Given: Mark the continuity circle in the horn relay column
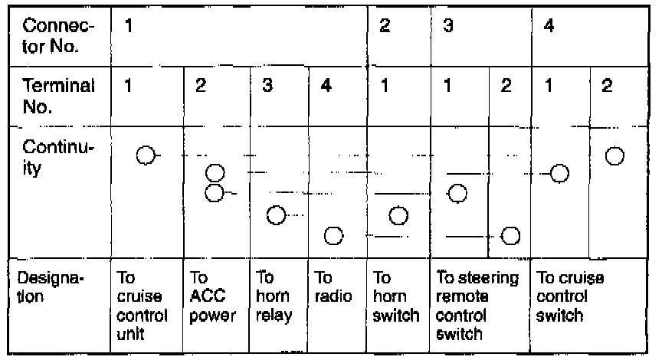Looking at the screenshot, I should (x=277, y=215).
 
